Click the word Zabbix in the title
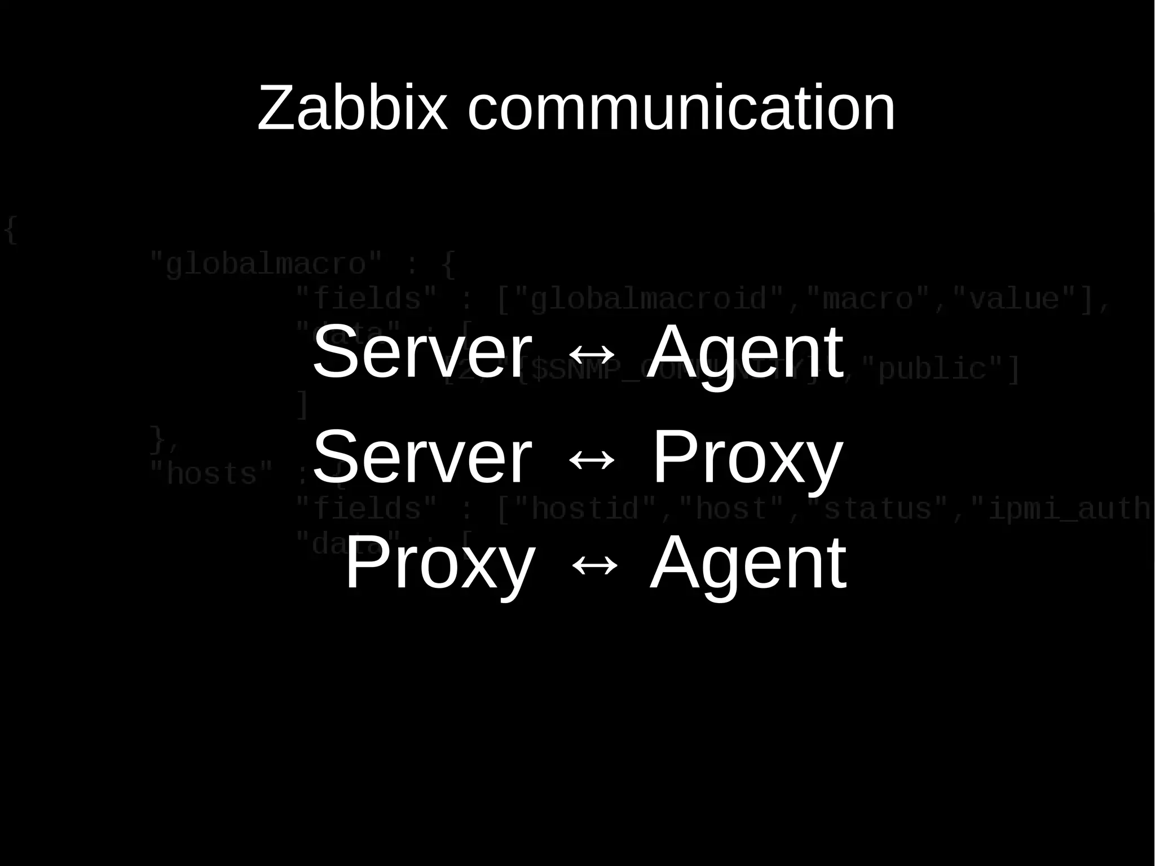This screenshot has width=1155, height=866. click(352, 108)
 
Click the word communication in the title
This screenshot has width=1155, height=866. click(681, 108)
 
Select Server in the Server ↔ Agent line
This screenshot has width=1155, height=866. click(422, 352)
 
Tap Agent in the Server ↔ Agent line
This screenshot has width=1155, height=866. click(745, 352)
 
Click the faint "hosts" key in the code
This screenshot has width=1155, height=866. click(211, 474)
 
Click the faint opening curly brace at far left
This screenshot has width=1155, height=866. click(10, 230)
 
